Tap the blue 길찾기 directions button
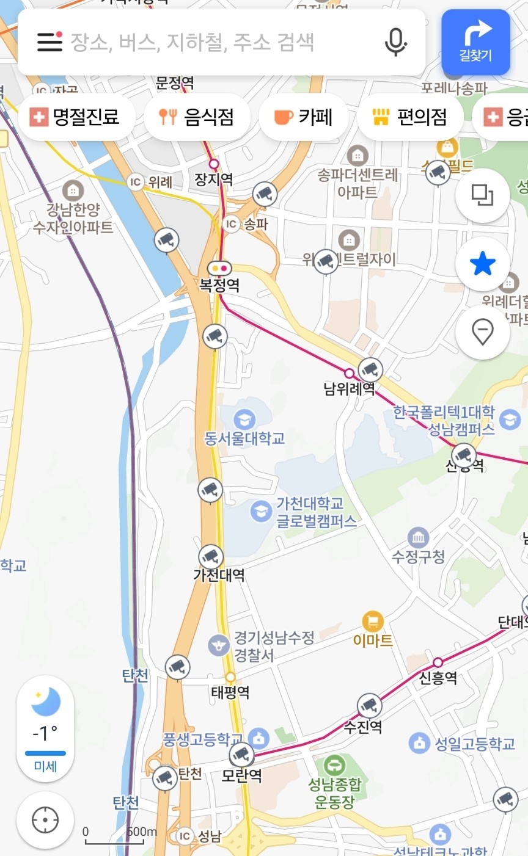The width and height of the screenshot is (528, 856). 475,42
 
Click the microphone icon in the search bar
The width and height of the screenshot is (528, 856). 395,42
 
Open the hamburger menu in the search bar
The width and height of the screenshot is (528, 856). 50,42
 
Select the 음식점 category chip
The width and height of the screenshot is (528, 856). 197,117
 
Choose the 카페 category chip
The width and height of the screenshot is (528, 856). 303,117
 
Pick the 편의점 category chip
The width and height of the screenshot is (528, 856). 409,117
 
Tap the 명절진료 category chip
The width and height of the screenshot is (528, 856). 76,117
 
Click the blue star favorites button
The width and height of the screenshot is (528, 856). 482,264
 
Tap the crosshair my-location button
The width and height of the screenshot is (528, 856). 45,820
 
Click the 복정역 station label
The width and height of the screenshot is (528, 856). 219,285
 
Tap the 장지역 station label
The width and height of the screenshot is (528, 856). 214,179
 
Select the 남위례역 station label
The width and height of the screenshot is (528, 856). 350,388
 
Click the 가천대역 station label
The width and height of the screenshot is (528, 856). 219,575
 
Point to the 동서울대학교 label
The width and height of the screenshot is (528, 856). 244,438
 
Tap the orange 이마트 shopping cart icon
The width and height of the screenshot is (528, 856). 373,622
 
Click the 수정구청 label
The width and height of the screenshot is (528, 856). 419,556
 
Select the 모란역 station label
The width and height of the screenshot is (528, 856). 242,775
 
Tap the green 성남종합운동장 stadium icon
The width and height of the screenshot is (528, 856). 334,764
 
